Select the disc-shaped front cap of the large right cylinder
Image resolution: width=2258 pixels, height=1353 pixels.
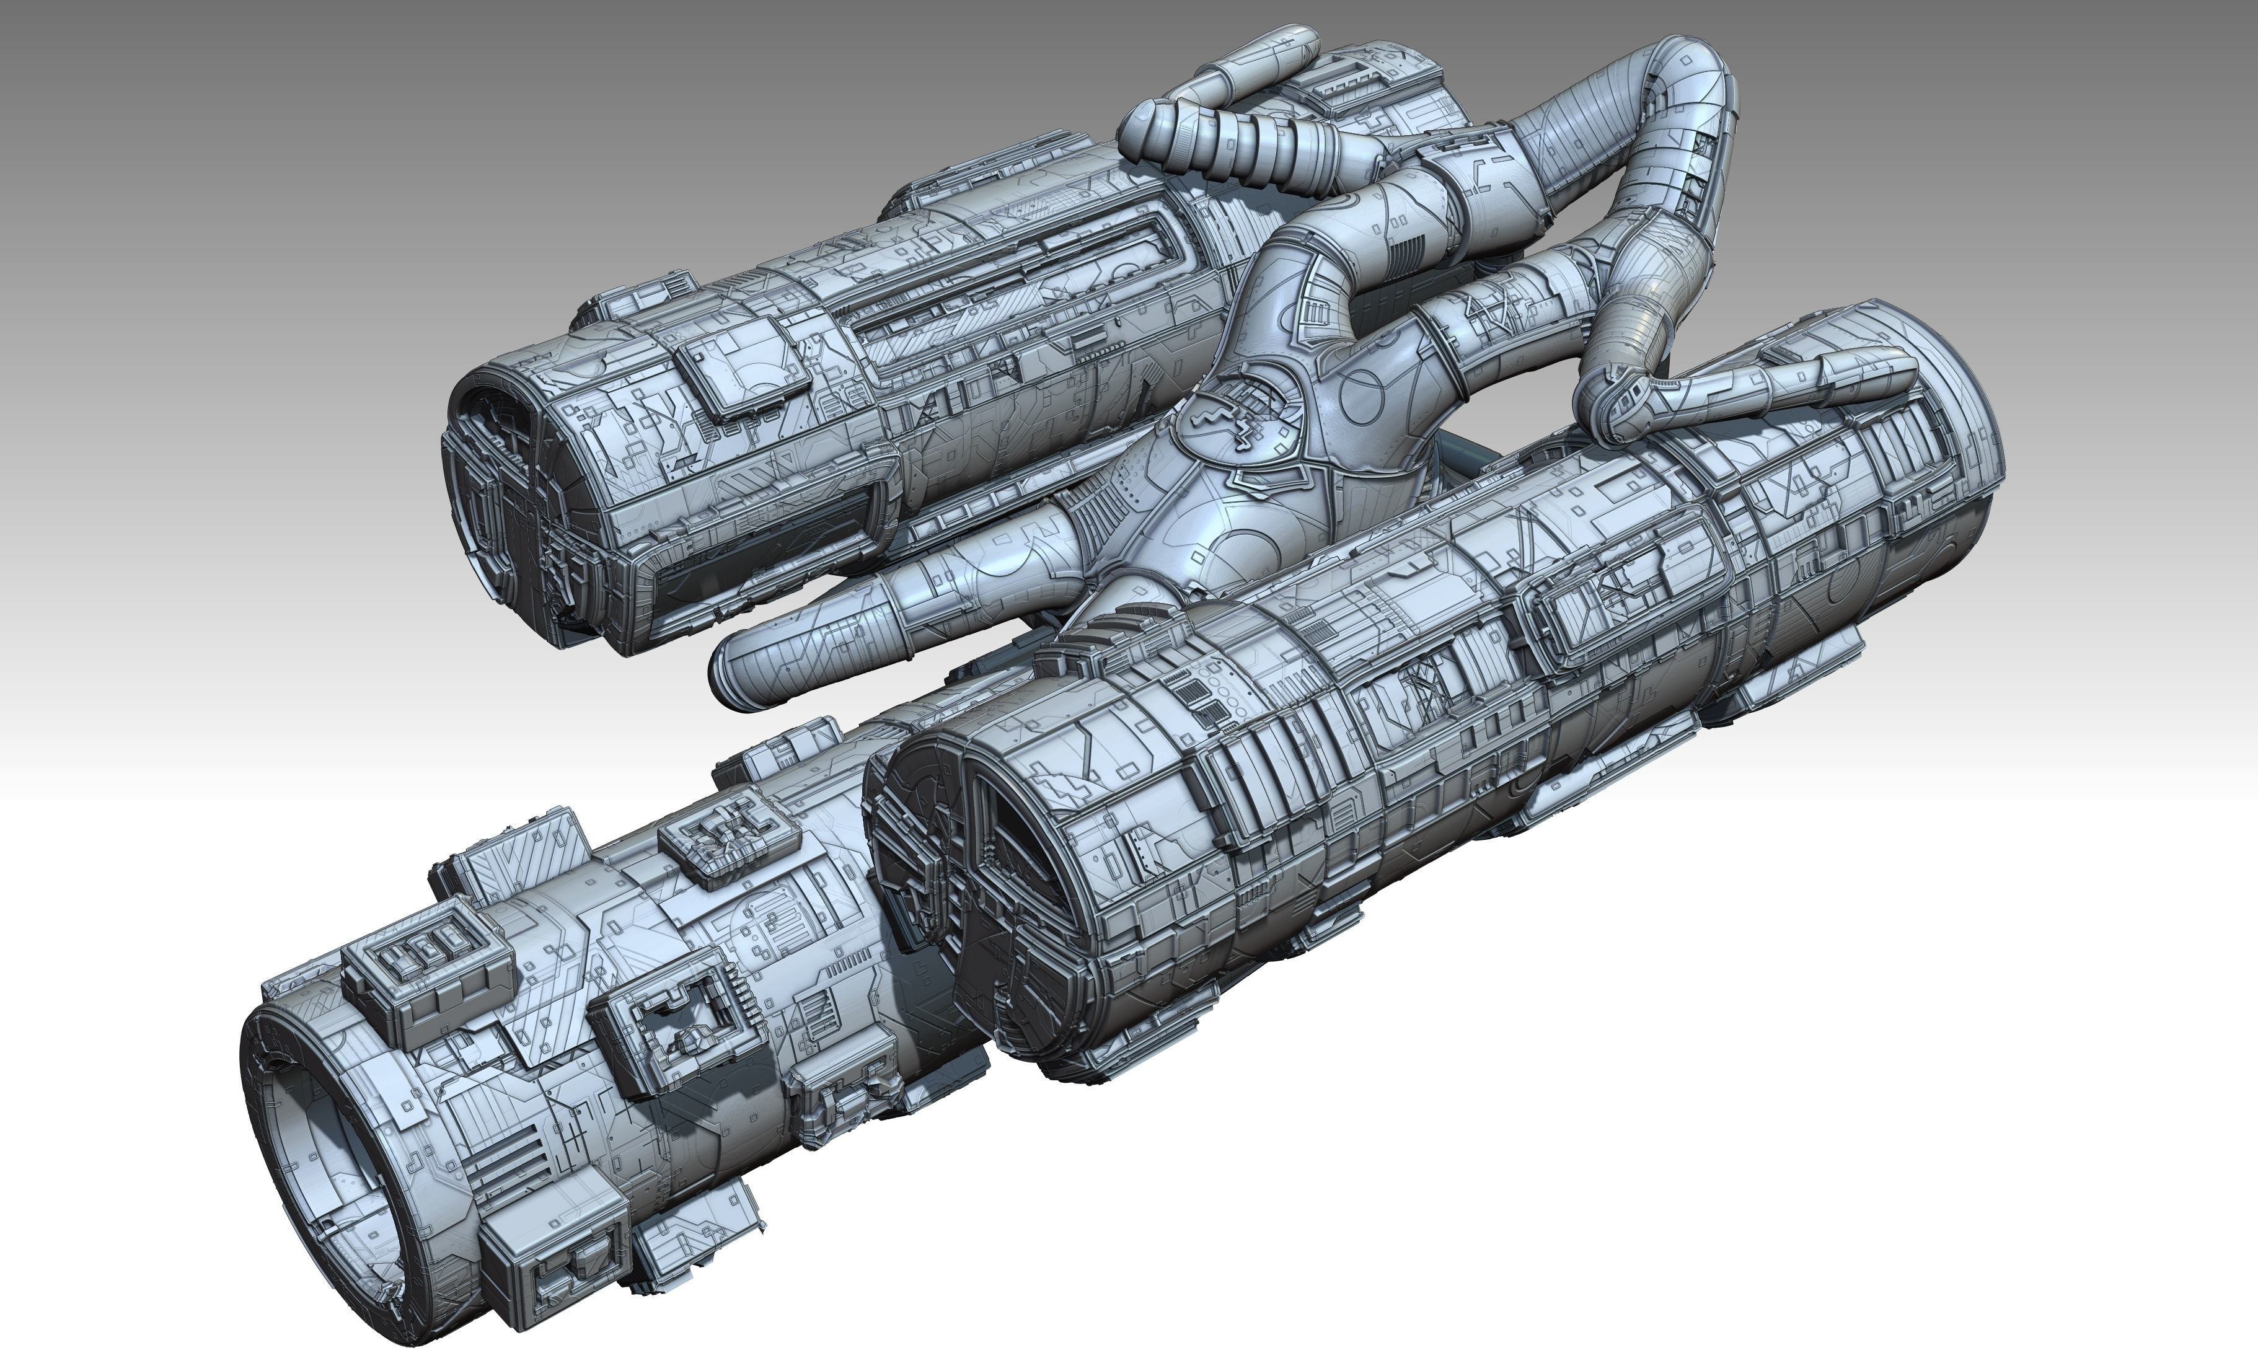(x=948, y=875)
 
